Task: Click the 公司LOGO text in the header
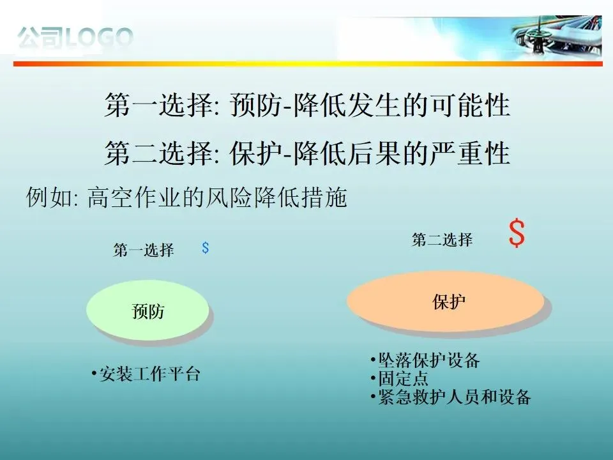click(75, 38)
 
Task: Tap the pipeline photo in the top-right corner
click(557, 37)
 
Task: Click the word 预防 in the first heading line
click(255, 105)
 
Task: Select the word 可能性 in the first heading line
click(471, 105)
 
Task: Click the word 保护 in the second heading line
click(255, 153)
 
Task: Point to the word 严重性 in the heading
click(471, 153)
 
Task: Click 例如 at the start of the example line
click(49, 197)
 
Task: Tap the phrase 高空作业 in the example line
click(133, 197)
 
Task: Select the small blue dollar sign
click(205, 248)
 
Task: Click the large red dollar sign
click(517, 233)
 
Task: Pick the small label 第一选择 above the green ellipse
click(144, 250)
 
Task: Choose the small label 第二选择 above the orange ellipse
click(442, 240)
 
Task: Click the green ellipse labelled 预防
click(148, 310)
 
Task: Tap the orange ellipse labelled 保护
click(446, 301)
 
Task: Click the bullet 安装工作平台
click(146, 374)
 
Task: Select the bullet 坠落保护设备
click(425, 360)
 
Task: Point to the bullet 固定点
click(400, 378)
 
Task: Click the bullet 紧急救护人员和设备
click(451, 397)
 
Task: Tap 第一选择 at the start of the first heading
click(159, 105)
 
